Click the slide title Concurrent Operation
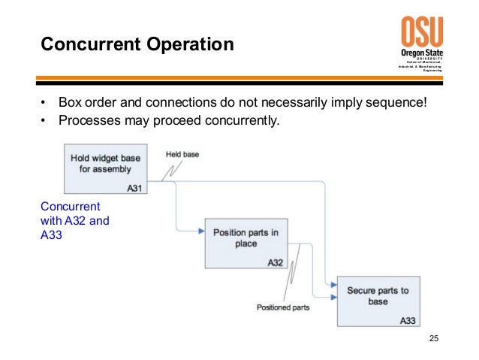pos(137,44)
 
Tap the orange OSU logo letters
pos(422,32)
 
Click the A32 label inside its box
pos(275,262)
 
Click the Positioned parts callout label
pos(283,307)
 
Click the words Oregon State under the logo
pos(422,53)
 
